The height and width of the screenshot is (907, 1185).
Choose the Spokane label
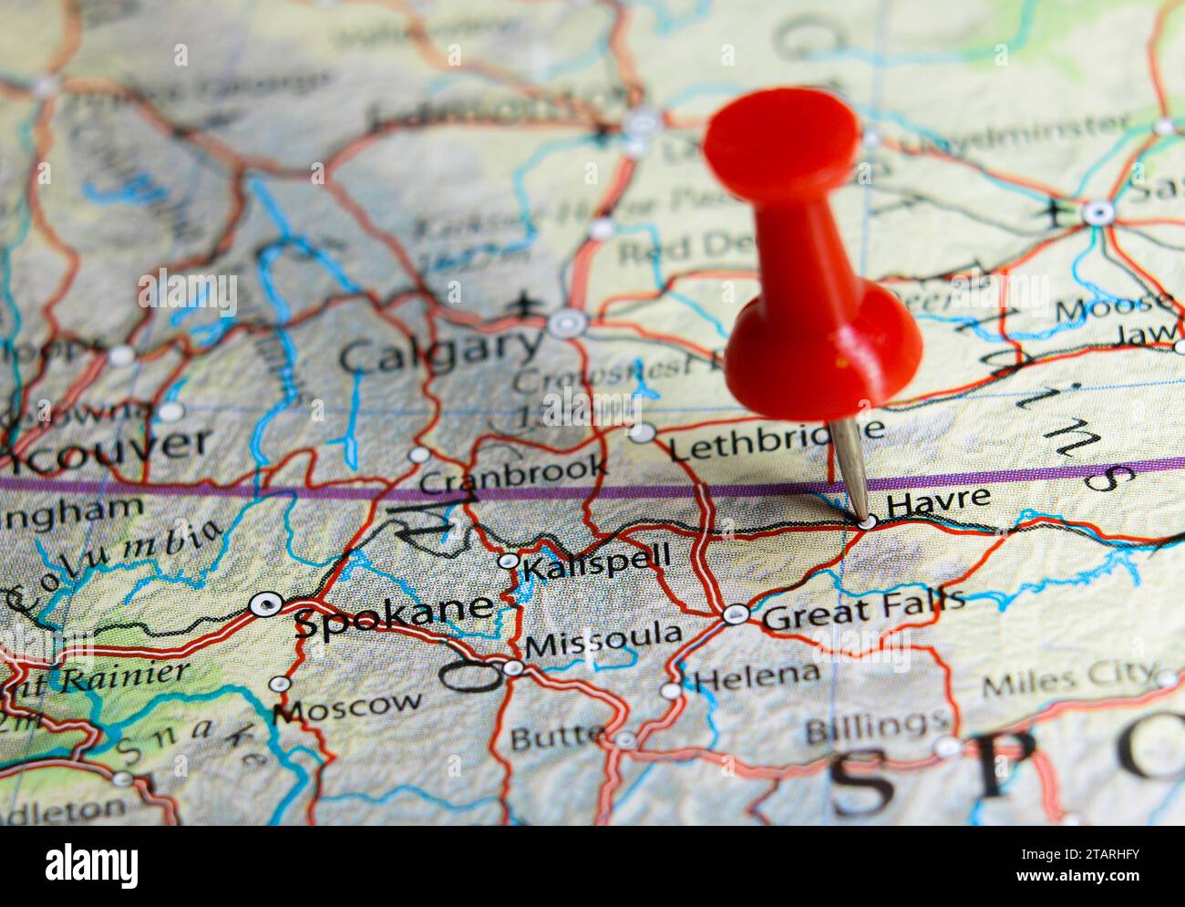(x=394, y=617)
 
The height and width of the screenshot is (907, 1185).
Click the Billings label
(x=875, y=727)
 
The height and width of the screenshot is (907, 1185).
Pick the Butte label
(x=556, y=736)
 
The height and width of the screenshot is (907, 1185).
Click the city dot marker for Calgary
(x=567, y=323)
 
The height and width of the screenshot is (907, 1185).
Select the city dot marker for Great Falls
(x=736, y=614)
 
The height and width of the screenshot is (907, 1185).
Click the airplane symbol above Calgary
(x=522, y=303)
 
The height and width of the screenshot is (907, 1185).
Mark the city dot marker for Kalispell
(x=508, y=561)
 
